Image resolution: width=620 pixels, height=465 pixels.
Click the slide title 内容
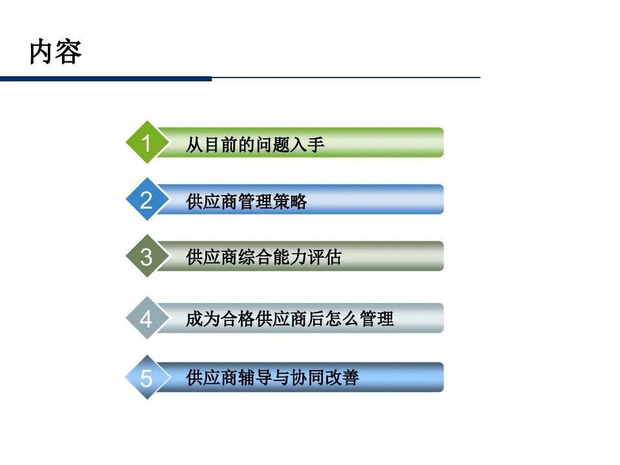pyautogui.click(x=56, y=53)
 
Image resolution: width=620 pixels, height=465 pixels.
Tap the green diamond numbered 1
pyautogui.click(x=147, y=143)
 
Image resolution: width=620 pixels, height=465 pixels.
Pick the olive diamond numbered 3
pyautogui.click(x=147, y=256)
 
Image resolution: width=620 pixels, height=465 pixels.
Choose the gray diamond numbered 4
pyautogui.click(x=147, y=318)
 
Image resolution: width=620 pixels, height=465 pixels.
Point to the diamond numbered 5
pyautogui.click(x=147, y=378)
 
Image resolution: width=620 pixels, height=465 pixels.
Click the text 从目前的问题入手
pyautogui.click(x=255, y=144)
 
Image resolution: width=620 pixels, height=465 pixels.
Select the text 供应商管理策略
pyautogui.click(x=246, y=201)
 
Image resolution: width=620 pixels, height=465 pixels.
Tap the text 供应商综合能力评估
pyautogui.click(x=263, y=258)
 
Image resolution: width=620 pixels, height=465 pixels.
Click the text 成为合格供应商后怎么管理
pyautogui.click(x=289, y=319)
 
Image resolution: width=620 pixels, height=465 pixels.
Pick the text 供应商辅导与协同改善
pyautogui.click(x=272, y=377)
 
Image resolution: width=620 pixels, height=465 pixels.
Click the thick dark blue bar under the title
pyautogui.click(x=106, y=79)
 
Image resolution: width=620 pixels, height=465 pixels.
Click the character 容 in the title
pyautogui.click(x=68, y=53)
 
